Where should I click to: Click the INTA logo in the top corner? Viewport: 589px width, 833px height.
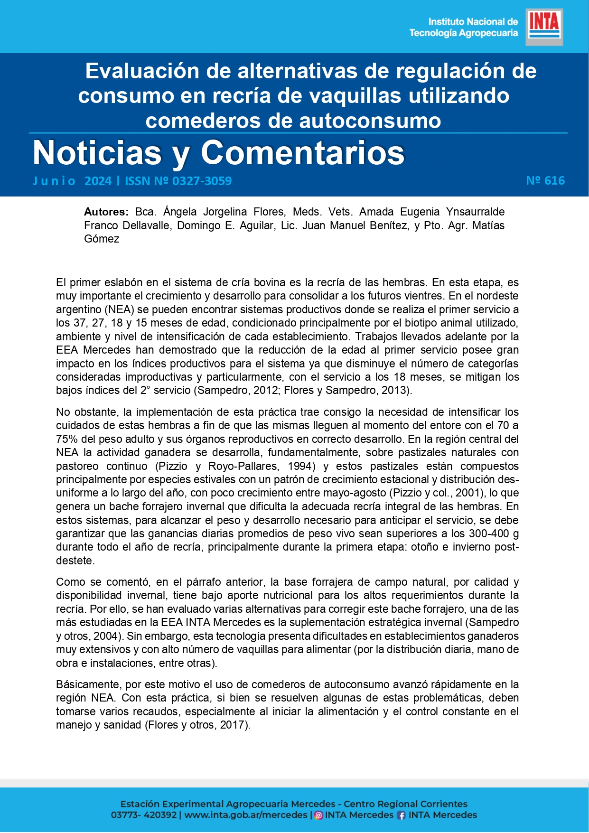(544, 27)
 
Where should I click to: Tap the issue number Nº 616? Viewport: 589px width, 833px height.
(545, 181)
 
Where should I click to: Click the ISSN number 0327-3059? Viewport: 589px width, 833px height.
(202, 181)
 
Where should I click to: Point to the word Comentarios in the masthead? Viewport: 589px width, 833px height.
(302, 153)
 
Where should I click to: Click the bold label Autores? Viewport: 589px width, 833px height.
(106, 212)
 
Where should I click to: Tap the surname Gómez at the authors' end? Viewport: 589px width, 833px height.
(102, 239)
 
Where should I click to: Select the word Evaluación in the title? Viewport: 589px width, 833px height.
(142, 71)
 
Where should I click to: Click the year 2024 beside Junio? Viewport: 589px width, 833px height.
(98, 181)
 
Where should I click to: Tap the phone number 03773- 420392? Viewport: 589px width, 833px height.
(143, 815)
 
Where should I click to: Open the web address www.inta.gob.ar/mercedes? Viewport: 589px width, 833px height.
(245, 815)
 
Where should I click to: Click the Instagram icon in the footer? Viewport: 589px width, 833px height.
(319, 815)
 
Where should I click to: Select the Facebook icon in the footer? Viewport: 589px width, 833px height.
(402, 815)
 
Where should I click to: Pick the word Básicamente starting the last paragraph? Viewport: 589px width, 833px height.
(87, 684)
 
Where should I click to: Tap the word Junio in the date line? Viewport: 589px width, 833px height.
(54, 181)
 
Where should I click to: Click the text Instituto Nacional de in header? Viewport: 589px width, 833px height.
(473, 22)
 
